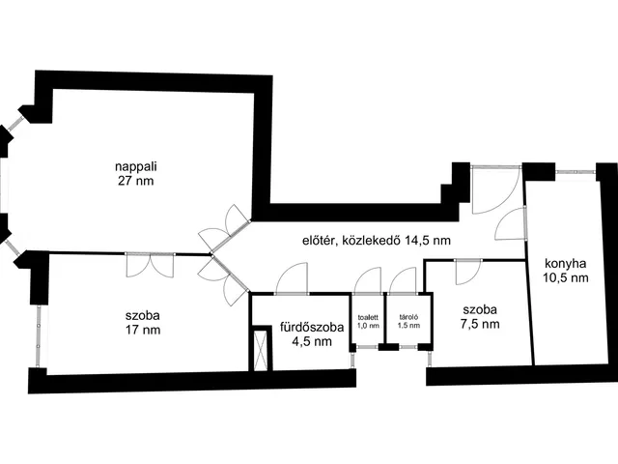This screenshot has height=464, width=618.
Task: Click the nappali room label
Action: pyautogui.click(x=134, y=165)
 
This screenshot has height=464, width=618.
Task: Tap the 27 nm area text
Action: pyautogui.click(x=134, y=180)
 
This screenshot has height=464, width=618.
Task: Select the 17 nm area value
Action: pyautogui.click(x=142, y=330)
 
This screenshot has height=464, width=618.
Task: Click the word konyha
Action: pyautogui.click(x=566, y=263)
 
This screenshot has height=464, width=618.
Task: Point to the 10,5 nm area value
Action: pyautogui.click(x=566, y=277)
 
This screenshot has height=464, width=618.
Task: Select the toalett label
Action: pyautogui.click(x=368, y=317)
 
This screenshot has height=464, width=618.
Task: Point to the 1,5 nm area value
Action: pyautogui.click(x=408, y=327)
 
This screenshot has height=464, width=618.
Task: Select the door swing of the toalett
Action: pyautogui.click(x=368, y=280)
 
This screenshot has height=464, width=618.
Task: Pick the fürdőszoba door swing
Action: pyautogui.click(x=291, y=280)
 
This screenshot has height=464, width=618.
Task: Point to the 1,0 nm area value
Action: pyautogui.click(x=368, y=327)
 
